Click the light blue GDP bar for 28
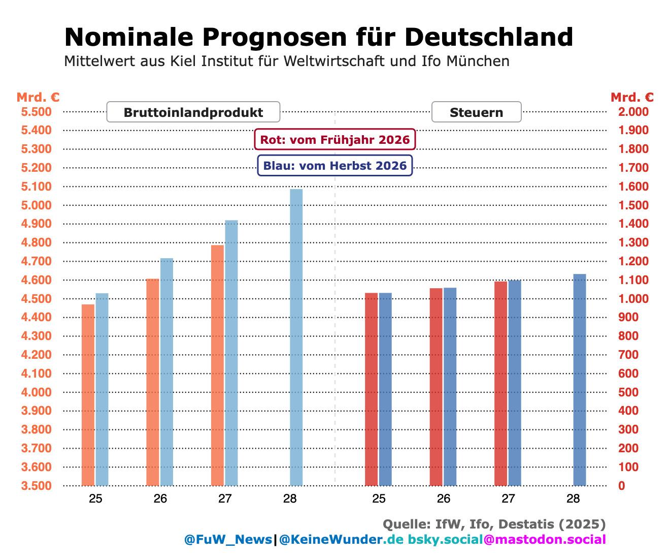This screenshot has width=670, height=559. [x=296, y=337]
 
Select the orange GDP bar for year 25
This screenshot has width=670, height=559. [x=88, y=395]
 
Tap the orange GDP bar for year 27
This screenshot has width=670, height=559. [x=217, y=365]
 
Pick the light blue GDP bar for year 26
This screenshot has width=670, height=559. [x=166, y=371]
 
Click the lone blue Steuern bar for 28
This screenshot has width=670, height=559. [x=580, y=380]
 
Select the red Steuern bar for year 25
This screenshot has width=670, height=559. [x=371, y=389]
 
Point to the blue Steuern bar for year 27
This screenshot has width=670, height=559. [x=515, y=383]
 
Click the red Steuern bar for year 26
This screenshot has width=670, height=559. [x=436, y=387]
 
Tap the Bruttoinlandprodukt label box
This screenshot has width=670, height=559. [x=193, y=112]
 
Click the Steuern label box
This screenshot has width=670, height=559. [x=477, y=112]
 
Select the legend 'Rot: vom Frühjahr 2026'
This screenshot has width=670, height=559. [x=335, y=139]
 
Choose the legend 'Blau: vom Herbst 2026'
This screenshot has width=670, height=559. [x=335, y=166]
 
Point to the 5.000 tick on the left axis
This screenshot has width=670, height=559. [x=36, y=205]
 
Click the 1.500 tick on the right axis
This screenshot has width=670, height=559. [x=633, y=205]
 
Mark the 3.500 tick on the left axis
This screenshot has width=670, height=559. [x=36, y=485]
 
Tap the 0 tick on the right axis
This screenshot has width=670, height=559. [x=622, y=485]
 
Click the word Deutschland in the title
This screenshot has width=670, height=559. [x=489, y=37]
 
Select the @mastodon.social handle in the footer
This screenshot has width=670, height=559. [x=545, y=539]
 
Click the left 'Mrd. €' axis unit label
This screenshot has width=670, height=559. [x=38, y=97]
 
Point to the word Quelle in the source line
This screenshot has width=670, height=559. [x=407, y=524]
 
